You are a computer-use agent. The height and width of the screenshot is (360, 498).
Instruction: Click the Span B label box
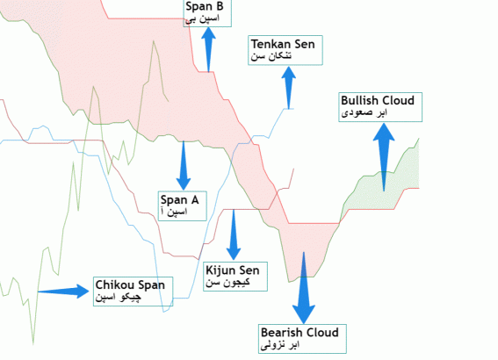click(x=207, y=13)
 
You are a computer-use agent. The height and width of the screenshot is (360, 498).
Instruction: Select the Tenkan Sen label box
click(x=285, y=50)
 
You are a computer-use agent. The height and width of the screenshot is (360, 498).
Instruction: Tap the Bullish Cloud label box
click(x=380, y=107)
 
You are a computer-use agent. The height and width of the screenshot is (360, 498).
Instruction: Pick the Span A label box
click(x=183, y=205)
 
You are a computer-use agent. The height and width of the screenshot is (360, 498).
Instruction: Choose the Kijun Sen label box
click(x=235, y=277)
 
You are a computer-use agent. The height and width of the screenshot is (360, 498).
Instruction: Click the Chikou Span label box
click(x=134, y=292)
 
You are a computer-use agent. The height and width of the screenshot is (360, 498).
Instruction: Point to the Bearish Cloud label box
click(x=302, y=339)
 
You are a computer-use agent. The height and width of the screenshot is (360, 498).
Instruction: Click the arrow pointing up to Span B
click(x=208, y=49)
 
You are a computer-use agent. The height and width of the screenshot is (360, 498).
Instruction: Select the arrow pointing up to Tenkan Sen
click(x=289, y=88)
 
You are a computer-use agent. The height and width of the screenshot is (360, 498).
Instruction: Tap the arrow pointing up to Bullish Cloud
click(x=384, y=157)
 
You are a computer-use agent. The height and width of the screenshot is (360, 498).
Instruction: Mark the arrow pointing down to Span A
click(x=184, y=165)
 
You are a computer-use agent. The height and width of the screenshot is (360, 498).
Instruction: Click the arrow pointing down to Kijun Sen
click(x=234, y=235)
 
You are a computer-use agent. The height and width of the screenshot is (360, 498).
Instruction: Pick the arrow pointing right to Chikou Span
click(x=63, y=292)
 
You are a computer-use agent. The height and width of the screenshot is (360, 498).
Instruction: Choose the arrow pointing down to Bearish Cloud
click(x=304, y=288)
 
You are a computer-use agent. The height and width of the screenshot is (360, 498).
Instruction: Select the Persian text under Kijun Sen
click(x=227, y=282)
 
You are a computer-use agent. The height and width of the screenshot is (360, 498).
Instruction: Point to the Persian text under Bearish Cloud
click(x=280, y=345)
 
